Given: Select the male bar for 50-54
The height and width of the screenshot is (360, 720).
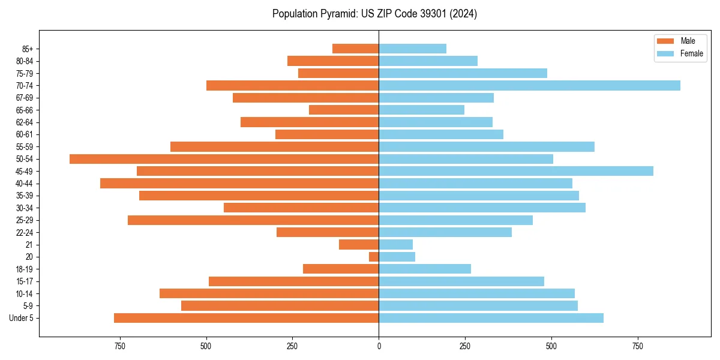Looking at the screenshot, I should tap(224, 159).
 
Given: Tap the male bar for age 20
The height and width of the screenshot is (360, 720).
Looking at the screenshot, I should tap(374, 257).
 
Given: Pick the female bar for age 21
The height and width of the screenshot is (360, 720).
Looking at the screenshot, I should tap(396, 245).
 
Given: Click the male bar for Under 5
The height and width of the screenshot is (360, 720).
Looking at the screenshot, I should tap(246, 318).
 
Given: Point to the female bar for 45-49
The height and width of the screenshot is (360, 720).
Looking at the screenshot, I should tap(516, 171).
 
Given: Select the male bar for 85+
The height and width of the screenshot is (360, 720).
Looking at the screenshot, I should tap(355, 49).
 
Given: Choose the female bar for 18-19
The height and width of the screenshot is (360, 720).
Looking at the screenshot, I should tap(425, 269).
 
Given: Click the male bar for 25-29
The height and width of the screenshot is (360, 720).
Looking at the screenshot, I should tap(253, 220).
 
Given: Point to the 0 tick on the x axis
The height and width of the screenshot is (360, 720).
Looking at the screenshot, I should tap(379, 346).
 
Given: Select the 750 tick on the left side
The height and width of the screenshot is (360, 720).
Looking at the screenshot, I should tap(120, 346).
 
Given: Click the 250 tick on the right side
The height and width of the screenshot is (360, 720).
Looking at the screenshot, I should tap(465, 346).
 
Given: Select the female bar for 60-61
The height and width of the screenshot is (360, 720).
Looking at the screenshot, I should tap(441, 134).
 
